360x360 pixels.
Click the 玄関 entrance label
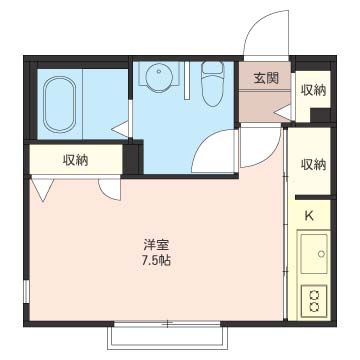pyautogui.click(x=266, y=79)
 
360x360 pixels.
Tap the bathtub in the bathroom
pyautogui.click(x=59, y=104)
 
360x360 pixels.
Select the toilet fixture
pyautogui.click(x=212, y=84)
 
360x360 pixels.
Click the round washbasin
pyautogui.click(x=159, y=78)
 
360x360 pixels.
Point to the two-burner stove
pyautogui.click(x=313, y=301)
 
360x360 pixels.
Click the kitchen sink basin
pyautogui.click(x=313, y=249)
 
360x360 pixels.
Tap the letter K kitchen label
pyautogui.click(x=309, y=216)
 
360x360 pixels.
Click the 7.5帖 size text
pyautogui.click(x=156, y=260)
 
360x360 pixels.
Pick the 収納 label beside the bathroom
pyautogui.click(x=76, y=160)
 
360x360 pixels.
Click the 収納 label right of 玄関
pyautogui.click(x=313, y=90)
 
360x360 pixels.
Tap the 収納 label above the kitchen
pyautogui.click(x=313, y=165)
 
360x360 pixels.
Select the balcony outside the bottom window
pyautogui.click(x=167, y=338)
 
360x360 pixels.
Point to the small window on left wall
pyautogui.click(x=26, y=292)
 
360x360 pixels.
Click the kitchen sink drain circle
pyautogui.click(x=321, y=254)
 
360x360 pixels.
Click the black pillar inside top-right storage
pyautogui.click(x=320, y=115)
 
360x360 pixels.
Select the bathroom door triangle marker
pyautogui.click(x=120, y=129)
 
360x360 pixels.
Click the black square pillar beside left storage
pyautogui.click(x=133, y=158)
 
